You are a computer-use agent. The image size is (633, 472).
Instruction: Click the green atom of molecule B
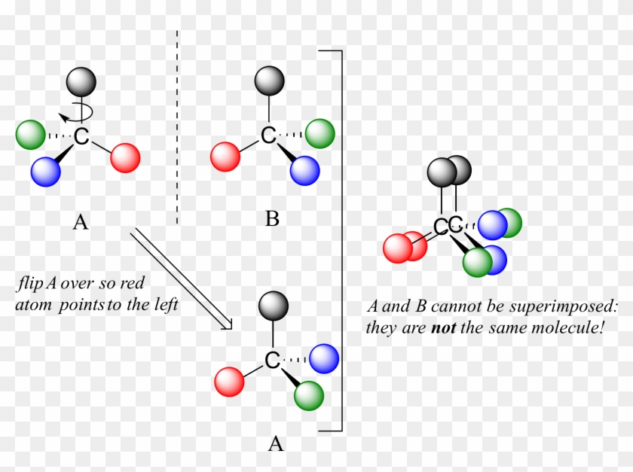click(x=320, y=133)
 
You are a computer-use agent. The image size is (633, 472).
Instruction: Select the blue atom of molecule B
click(x=304, y=169)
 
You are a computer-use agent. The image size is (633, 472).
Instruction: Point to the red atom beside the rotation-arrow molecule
click(x=125, y=157)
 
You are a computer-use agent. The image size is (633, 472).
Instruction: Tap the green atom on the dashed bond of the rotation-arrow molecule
click(x=30, y=134)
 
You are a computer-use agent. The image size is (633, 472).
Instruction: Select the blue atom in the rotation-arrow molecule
click(x=45, y=171)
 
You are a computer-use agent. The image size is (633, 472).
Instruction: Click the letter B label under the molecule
click(x=272, y=220)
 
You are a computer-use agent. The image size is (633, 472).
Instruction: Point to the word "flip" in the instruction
click(x=29, y=285)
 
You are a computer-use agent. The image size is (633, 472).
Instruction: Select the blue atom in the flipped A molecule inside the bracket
click(x=324, y=357)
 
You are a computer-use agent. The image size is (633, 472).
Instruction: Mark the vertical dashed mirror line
click(x=177, y=128)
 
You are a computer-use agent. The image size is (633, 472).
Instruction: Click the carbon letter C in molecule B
click(x=268, y=136)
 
